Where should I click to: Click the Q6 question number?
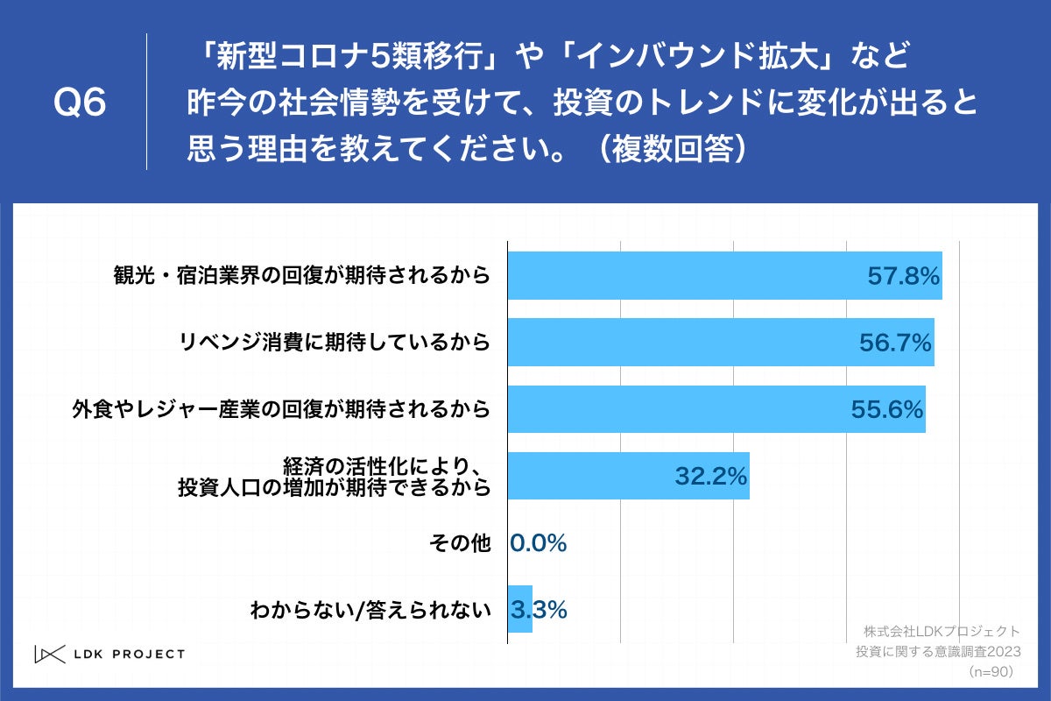click(80, 103)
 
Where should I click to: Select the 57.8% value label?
click(903, 277)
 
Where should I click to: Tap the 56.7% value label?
click(894, 343)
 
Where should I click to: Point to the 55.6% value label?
click(886, 409)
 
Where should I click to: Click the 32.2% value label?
click(710, 476)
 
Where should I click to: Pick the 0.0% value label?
click(538, 543)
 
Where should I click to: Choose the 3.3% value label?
click(538, 610)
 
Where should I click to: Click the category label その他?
click(459, 543)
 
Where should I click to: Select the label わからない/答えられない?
click(370, 610)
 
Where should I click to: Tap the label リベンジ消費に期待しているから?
click(335, 343)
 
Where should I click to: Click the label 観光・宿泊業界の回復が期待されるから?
click(301, 277)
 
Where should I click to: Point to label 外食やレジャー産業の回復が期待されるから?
click(280, 409)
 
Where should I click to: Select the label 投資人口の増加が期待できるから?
click(334, 487)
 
